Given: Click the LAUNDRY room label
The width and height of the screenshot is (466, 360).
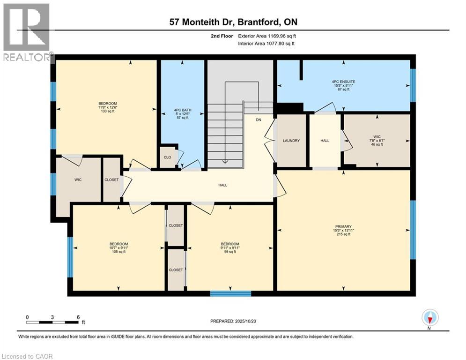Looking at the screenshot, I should tap(291, 141).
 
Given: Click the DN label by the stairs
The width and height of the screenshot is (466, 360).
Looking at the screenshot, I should tap(258, 120).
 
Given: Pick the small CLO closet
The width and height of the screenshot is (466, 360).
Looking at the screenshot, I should tap(167, 157).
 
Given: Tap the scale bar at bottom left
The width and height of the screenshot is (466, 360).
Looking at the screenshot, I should tap(52, 322).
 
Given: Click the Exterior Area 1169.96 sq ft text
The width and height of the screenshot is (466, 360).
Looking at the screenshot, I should tap(266, 35).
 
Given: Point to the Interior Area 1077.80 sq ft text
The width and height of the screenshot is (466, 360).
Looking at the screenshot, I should tap(266, 43).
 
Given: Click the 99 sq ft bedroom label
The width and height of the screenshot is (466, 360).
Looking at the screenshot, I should tap(230, 247).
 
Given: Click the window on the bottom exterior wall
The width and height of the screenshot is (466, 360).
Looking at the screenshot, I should tap(230, 294).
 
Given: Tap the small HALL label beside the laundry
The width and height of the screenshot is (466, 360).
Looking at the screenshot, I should tap(325, 141).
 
